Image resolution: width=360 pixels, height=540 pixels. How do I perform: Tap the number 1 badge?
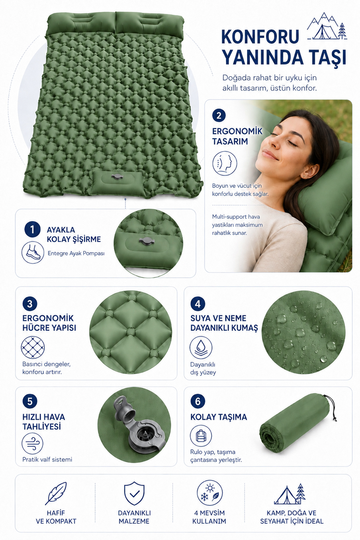pos(32,230)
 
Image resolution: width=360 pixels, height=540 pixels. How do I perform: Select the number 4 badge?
pos(198,304)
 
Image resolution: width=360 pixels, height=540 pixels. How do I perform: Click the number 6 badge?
pos(198,401)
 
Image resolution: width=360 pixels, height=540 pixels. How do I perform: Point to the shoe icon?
pos(33,253)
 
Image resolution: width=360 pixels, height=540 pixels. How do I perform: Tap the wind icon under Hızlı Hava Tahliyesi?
pos(32,443)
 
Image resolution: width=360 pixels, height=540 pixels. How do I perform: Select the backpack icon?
pos(201,436)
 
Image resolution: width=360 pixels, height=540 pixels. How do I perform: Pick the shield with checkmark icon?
pos(134,493)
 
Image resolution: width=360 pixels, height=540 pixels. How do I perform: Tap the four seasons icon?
pos(210,493)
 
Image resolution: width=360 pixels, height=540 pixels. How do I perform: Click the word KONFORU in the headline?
pos(260,36)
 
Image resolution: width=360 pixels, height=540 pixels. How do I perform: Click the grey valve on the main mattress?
pos(116,177)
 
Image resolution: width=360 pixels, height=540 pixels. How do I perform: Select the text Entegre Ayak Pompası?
pos(76,253)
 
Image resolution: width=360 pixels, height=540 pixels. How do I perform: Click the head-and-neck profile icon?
pos(225,163)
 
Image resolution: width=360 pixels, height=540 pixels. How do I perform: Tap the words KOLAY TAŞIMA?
pos(219,417)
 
